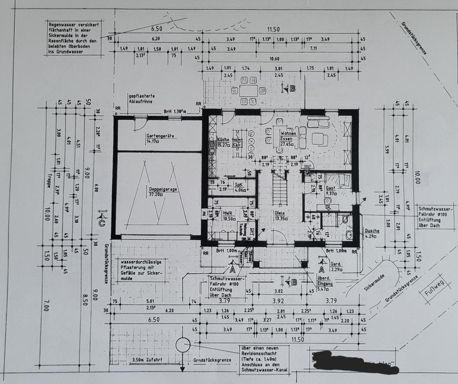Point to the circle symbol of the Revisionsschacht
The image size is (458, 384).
coord(183,345)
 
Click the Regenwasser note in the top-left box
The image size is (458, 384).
coord(73,37)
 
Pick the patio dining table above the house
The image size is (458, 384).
coord(248,90)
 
